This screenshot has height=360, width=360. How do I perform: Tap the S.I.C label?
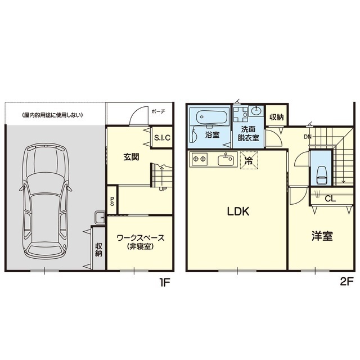pos(163,138)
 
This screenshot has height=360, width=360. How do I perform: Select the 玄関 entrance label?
pos(131,157)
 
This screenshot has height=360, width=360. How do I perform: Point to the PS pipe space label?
pos(112,201)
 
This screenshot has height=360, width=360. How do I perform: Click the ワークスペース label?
pos(141,237)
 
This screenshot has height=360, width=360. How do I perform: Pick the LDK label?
pos(238,211)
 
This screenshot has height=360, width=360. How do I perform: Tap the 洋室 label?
pos(322,236)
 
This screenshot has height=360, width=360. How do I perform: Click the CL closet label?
pos(330,199)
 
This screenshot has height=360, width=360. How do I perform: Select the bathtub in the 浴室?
pos(213,118)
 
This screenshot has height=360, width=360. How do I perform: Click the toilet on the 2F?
pos(321,174)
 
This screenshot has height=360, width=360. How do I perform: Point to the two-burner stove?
pos(199,159)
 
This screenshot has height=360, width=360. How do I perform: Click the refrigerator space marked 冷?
pos(249,160)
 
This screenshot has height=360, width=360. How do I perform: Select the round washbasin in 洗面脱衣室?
pos(256,111)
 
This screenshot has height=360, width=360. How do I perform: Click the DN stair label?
pos(308,137)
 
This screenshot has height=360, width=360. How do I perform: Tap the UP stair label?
pos(163,190)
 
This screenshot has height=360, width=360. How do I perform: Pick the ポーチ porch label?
pos(159,111)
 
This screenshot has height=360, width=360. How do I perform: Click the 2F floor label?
pos(346,282)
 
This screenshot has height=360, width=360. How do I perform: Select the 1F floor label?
pos(165,282)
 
